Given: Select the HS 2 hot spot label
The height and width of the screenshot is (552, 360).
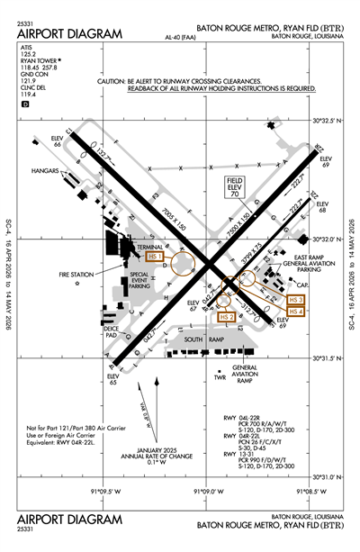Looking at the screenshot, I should (227, 317).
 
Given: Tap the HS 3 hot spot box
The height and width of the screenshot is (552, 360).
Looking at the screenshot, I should (295, 299).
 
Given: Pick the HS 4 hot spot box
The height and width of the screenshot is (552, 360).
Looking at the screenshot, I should (295, 312).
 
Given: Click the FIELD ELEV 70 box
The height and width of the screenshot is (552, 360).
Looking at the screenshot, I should (235, 186).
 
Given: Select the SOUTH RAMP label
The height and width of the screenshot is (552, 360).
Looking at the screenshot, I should (198, 339).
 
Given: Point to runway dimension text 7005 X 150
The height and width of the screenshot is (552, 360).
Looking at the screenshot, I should (160, 214).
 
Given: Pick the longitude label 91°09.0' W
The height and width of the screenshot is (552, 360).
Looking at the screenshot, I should (208, 492).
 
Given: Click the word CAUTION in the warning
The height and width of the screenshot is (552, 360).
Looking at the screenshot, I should (117, 81).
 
